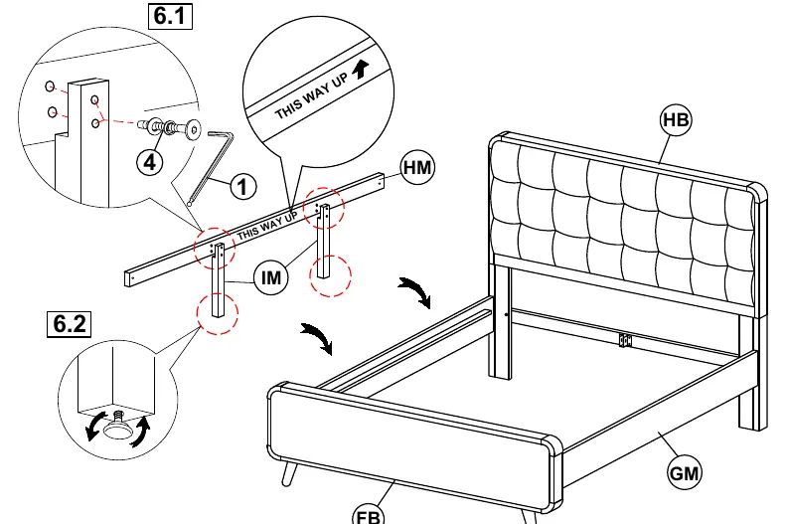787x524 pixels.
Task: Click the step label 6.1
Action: (x=171, y=16)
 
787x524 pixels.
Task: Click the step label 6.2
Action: (x=70, y=323)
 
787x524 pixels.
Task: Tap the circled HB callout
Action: (x=675, y=120)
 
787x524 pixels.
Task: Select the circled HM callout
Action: (x=417, y=167)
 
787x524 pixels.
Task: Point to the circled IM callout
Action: (x=271, y=277)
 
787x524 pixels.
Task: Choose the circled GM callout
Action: (x=684, y=472)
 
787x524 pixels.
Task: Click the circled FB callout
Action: (x=369, y=514)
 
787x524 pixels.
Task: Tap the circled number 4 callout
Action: (x=150, y=162)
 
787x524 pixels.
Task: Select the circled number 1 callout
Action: (x=242, y=186)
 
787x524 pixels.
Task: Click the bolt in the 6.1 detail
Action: (x=170, y=128)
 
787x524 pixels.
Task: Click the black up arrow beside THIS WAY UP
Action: (x=361, y=71)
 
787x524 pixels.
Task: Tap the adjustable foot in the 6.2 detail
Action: (x=118, y=425)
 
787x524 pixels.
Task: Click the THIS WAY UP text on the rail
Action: (x=267, y=226)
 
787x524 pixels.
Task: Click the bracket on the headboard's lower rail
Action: (x=625, y=340)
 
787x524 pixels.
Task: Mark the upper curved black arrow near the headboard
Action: (x=414, y=292)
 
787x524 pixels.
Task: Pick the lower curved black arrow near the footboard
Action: (x=317, y=338)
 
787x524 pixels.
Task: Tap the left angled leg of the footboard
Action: (x=289, y=473)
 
